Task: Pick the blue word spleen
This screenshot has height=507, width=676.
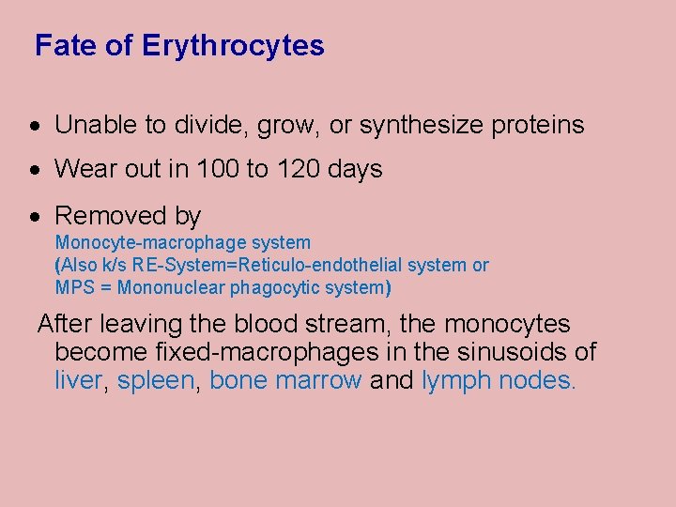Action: pos(159,381)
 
